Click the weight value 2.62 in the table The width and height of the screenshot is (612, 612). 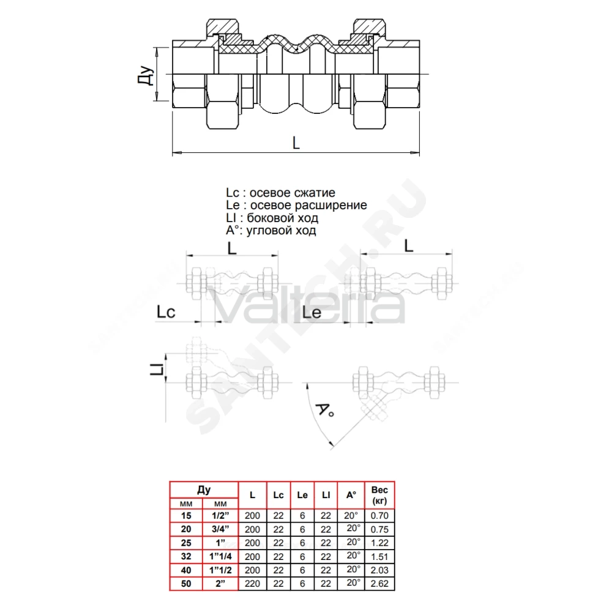(379, 583)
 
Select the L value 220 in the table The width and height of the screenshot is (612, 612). (252, 583)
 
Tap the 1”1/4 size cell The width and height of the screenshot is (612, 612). (220, 556)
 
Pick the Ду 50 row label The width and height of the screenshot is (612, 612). (186, 583)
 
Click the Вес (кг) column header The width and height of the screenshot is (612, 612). (379, 495)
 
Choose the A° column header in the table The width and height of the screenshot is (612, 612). (351, 495)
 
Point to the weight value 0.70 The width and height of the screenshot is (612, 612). (379, 515)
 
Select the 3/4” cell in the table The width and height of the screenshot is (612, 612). (220, 529)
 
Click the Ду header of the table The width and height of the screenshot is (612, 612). (204, 490)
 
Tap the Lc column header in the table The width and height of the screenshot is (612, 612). (278, 495)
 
